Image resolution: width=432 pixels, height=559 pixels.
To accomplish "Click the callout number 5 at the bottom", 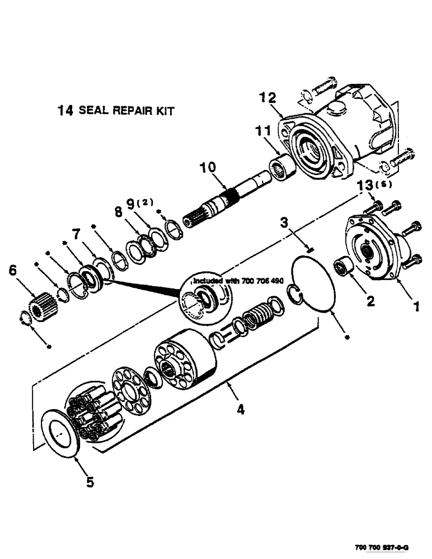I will (90, 481).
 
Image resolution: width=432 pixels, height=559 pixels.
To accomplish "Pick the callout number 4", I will (240, 410).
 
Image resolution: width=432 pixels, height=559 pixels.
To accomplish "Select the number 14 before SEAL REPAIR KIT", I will (66, 111).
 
